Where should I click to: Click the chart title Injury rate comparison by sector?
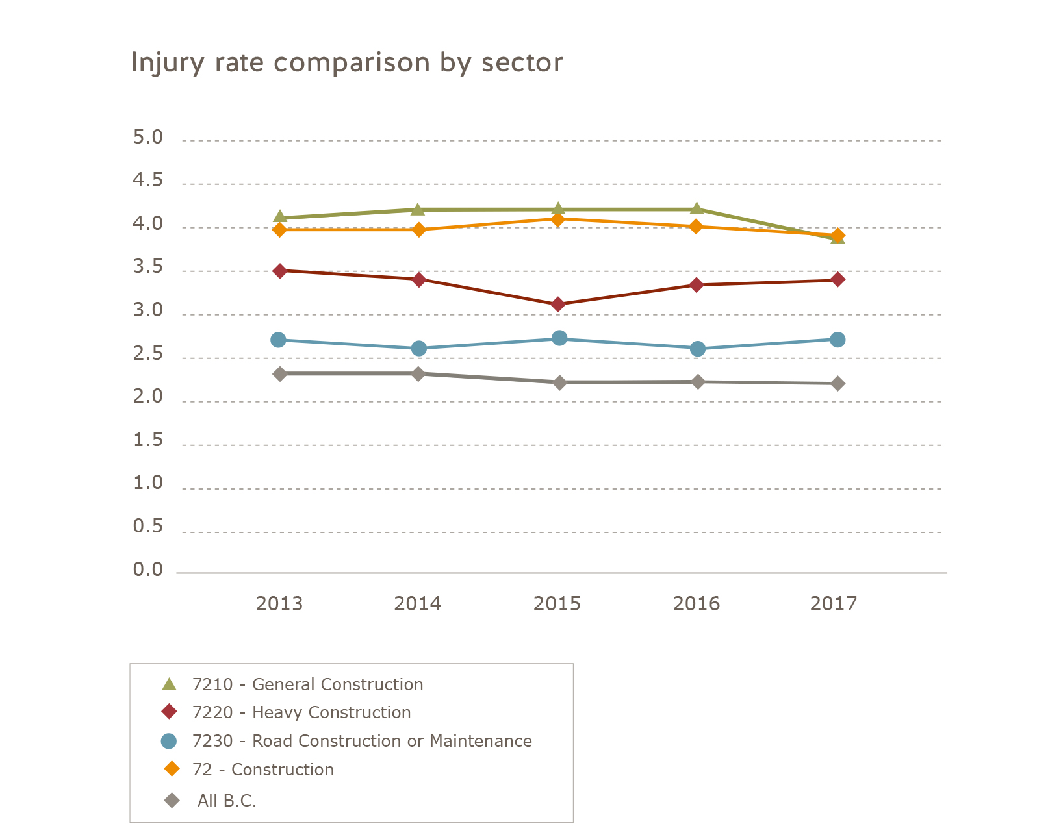[346, 63]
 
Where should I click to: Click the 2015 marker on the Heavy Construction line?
[557, 305]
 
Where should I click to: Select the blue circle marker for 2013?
[279, 340]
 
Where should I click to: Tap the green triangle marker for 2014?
[418, 210]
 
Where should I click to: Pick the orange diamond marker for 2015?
[557, 219]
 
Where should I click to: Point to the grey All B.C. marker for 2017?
[837, 384]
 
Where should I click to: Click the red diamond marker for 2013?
[280, 271]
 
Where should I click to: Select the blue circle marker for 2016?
[697, 349]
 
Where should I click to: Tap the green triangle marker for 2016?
[697, 209]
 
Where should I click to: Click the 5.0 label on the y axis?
[147, 138]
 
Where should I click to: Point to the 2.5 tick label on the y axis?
[147, 355]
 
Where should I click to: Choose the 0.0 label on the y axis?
[147, 570]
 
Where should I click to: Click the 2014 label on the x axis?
[417, 604]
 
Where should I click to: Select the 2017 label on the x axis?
[834, 604]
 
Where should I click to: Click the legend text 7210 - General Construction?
[307, 684]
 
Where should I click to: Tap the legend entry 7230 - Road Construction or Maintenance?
[362, 741]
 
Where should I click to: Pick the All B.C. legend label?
[227, 801]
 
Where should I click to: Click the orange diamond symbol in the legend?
[172, 769]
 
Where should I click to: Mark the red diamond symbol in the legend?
[170, 712]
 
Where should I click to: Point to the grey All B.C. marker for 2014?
[418, 374]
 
